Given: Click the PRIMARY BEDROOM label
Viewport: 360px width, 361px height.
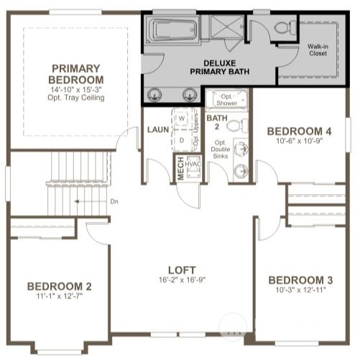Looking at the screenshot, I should coord(75,73).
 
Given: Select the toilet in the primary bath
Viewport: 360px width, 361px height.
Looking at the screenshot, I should coord(282,28).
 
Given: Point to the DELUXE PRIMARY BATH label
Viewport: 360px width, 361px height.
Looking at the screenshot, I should coord(209,67).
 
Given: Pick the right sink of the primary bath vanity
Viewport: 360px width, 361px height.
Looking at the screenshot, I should coord(190,93).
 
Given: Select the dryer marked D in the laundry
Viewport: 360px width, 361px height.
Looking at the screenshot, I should coord(182,139).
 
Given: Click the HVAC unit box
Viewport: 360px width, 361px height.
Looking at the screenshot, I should coord(192,165).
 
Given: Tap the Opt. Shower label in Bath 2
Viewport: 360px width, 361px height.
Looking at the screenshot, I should coord(227,100).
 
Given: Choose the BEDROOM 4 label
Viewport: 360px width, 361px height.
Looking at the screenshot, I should coord(299,131).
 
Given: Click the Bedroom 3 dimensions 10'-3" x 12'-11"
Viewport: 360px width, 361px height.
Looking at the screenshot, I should coord(300,291).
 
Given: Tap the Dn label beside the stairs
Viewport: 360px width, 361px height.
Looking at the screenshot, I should coord(114,201).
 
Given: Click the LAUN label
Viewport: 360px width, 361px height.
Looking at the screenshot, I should coord(157,129).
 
